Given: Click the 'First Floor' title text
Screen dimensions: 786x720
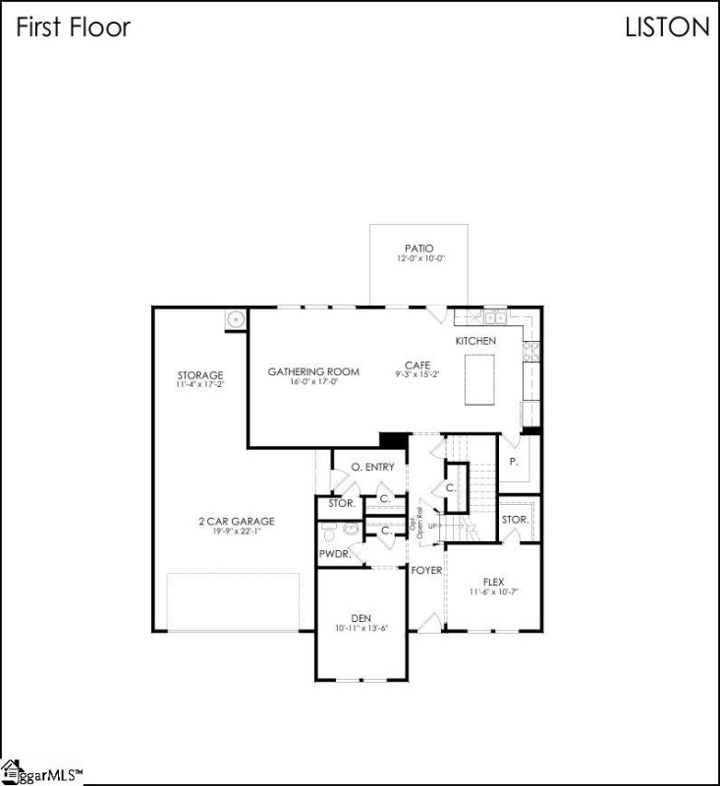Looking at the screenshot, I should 73,28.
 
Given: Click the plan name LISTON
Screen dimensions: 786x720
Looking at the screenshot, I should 667,28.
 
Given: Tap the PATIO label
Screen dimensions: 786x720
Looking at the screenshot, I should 418,249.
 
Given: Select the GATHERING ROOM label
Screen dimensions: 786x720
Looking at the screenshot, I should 313,371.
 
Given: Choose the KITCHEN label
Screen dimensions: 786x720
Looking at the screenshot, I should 475,340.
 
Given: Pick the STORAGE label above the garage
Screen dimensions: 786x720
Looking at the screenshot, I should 199,375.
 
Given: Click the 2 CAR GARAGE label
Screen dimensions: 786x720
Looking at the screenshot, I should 234,521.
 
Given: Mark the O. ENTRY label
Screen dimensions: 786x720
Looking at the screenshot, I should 372,467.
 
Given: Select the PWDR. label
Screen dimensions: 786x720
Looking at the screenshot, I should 333,554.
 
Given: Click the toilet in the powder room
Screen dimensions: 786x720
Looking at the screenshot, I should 329,532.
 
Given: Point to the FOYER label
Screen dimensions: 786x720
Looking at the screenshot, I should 426,570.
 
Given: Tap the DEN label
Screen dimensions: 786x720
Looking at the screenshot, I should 360,618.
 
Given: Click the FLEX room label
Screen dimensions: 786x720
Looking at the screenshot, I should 493,582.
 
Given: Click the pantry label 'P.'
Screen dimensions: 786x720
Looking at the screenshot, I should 513,461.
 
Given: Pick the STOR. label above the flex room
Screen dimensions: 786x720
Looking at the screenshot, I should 515,519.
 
